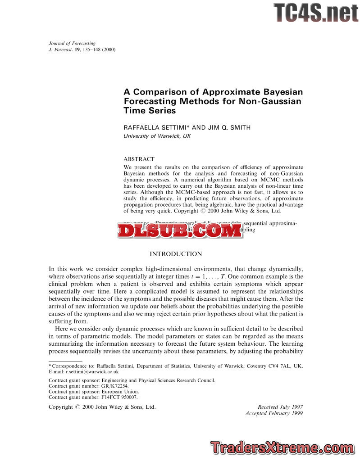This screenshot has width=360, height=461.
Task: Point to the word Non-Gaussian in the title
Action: pyautogui.click(x=273, y=101)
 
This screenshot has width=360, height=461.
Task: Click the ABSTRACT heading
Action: pyautogui.click(x=139, y=159)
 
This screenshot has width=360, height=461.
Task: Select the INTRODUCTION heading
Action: pyautogui.click(x=176, y=254)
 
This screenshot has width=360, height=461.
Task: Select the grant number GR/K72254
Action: pyautogui.click(x=114, y=386)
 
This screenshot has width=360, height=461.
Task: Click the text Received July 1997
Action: pyautogui.click(x=280, y=407)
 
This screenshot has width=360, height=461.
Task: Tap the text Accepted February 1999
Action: pyautogui.click(x=274, y=413)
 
